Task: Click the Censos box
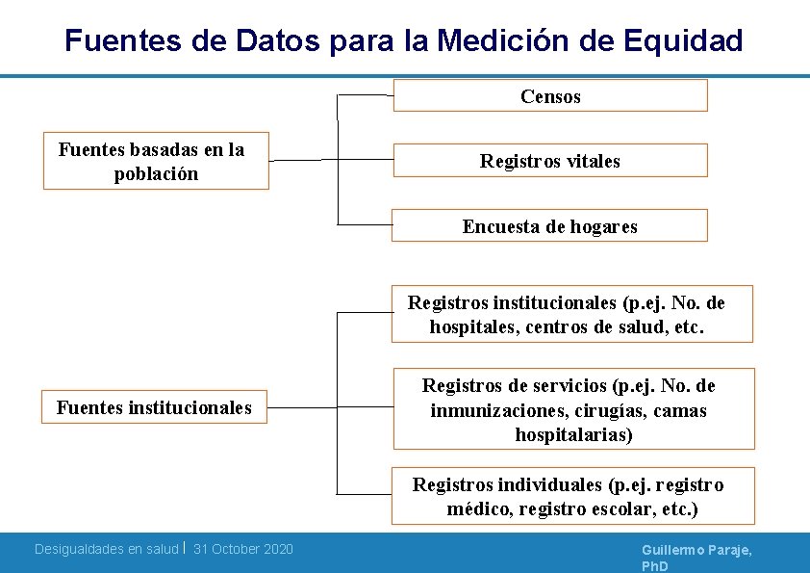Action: point(550,96)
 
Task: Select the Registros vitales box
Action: point(550,161)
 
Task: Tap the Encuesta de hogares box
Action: point(550,226)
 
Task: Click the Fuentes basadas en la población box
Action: point(156,162)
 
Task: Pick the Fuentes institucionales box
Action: point(154,407)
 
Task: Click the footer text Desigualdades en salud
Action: point(106,549)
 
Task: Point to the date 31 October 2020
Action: point(243,549)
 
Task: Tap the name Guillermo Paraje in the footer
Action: point(696,549)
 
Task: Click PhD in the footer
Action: point(655,565)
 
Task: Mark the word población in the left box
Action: point(156,174)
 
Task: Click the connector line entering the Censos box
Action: point(366,96)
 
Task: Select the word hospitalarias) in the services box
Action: point(573,434)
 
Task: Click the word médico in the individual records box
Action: point(479,508)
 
